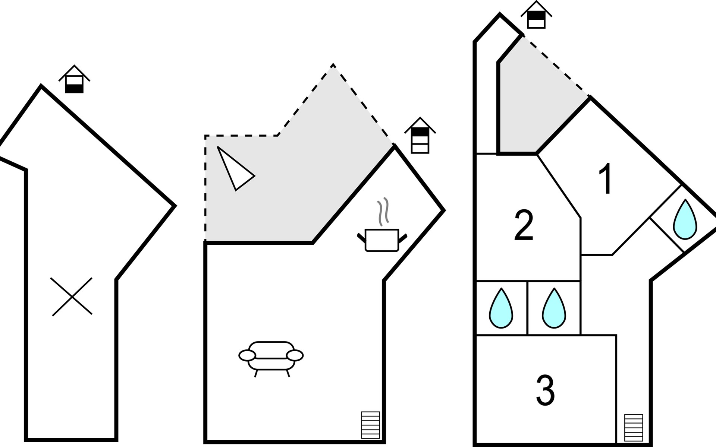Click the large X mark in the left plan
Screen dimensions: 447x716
click(x=72, y=297)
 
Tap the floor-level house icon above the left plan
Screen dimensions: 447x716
click(x=74, y=80)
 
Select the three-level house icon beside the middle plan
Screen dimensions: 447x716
click(x=420, y=136)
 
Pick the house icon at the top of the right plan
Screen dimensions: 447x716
click(x=536, y=16)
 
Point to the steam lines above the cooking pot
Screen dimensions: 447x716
click(x=383, y=212)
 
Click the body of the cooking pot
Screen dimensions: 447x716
click(x=382, y=240)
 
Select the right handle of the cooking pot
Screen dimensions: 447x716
click(x=403, y=237)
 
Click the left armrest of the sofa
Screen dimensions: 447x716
click(x=247, y=355)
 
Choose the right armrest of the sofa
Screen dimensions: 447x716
click(x=295, y=355)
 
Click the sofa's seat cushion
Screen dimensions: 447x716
click(x=271, y=363)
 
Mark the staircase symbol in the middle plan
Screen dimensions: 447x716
click(x=370, y=425)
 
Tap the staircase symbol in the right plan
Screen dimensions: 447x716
click(x=634, y=428)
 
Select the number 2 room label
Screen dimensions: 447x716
click(x=524, y=225)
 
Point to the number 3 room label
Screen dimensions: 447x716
click(x=546, y=390)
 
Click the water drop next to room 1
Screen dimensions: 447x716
click(x=685, y=220)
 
